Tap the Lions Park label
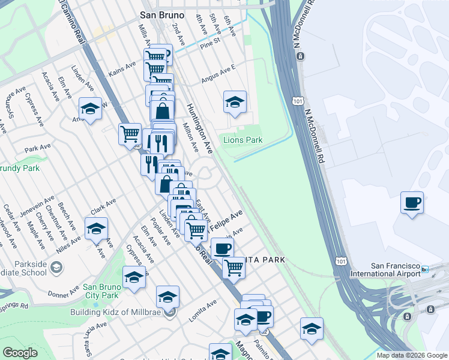click(x=243, y=140)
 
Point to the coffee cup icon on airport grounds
click(x=412, y=202)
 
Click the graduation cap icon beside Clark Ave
click(x=96, y=229)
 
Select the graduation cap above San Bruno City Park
click(x=134, y=277)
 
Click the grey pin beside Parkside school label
click(x=56, y=267)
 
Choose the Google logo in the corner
click(x=20, y=353)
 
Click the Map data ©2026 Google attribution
click(x=412, y=355)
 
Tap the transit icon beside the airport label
click(x=426, y=270)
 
